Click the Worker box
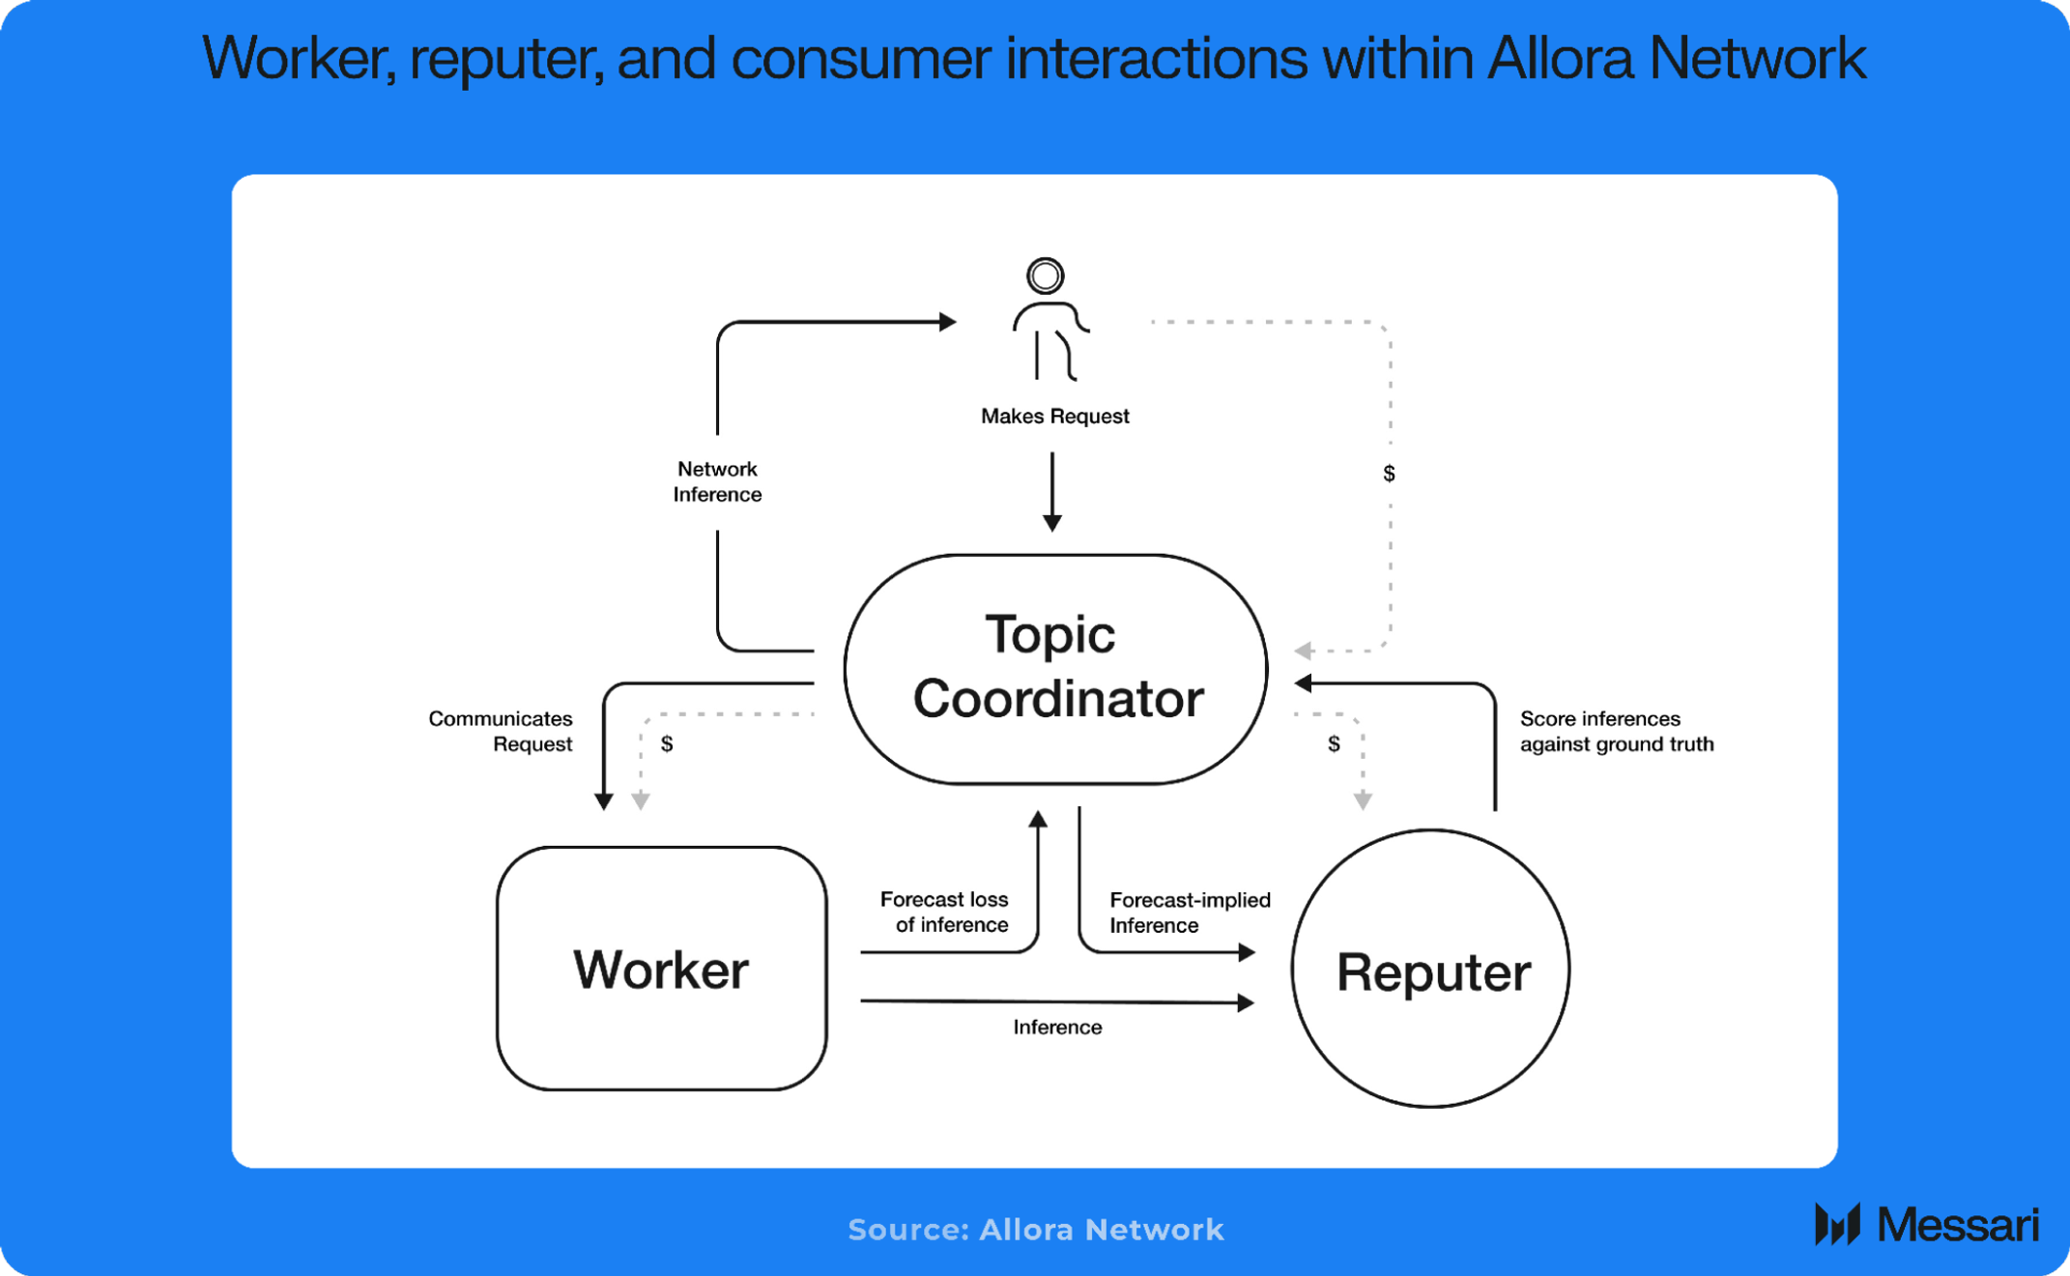[x=661, y=969]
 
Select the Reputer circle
[x=1431, y=970]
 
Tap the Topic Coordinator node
[x=1055, y=668]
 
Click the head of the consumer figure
[x=1045, y=276]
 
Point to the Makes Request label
[x=1054, y=417]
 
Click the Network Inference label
[x=717, y=481]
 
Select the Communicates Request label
[x=501, y=732]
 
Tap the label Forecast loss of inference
[x=944, y=912]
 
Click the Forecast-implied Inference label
[x=1189, y=913]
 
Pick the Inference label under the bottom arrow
[x=1057, y=1028]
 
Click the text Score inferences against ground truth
[x=1616, y=732]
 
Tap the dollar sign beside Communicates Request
[x=667, y=744]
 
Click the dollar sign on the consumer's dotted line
[x=1389, y=474]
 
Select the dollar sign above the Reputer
[x=1334, y=744]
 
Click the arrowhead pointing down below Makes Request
[x=1052, y=523]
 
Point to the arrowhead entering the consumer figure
[x=947, y=322]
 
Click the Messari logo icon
[x=1837, y=1225]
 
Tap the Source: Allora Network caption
[x=1035, y=1230]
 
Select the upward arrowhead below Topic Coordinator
[x=1038, y=820]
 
